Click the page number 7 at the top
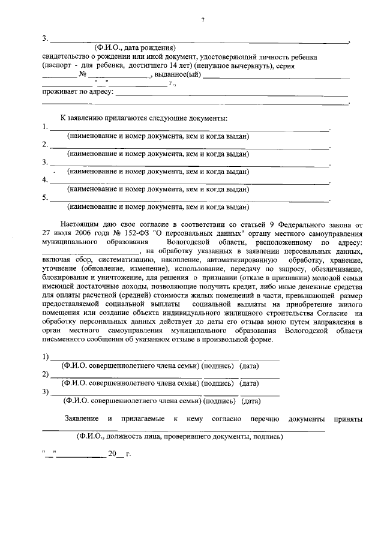click(x=203, y=20)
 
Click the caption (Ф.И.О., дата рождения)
click(x=135, y=47)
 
